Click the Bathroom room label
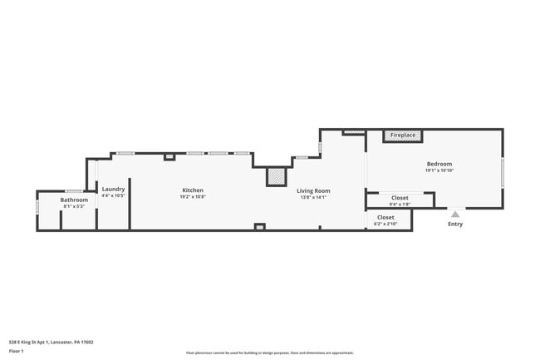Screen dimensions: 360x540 tap(74, 200)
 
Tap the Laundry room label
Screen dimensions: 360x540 tap(113, 189)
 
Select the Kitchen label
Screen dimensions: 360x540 tap(193, 190)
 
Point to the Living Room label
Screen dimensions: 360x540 tap(313, 191)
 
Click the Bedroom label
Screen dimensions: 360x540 tap(439, 164)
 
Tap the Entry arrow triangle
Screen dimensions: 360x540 tap(454, 214)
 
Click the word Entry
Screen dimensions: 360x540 tap(455, 224)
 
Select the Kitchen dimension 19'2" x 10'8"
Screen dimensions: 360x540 tap(193, 197)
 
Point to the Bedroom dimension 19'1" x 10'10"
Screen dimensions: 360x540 tap(439, 170)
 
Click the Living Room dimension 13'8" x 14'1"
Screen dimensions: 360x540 tap(313, 198)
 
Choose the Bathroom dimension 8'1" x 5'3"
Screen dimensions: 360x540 tap(74, 206)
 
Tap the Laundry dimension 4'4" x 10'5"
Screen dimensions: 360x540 tap(113, 195)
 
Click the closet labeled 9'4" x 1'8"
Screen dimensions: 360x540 tap(400, 200)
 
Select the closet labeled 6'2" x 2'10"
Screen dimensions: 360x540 tap(385, 220)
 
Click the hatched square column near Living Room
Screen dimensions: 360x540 tap(276, 177)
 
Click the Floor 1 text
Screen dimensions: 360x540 tap(17, 351)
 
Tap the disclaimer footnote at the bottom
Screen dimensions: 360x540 tap(269, 353)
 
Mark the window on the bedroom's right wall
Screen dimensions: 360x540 tap(503, 172)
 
